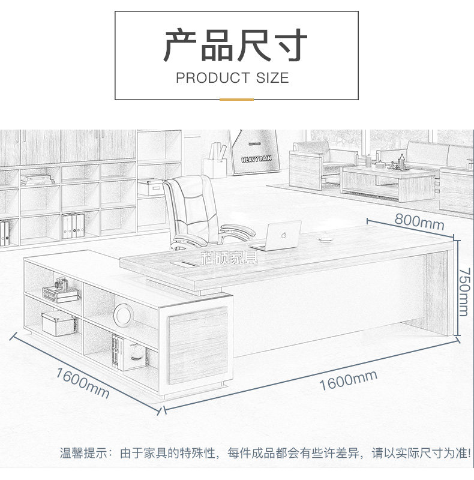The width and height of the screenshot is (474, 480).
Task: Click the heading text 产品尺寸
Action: [x=236, y=46]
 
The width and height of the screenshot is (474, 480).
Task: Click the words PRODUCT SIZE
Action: [x=232, y=78]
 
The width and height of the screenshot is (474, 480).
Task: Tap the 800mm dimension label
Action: [x=419, y=221]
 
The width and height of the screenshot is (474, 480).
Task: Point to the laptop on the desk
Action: [x=278, y=236]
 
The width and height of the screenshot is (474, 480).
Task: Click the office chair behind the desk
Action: [x=193, y=210]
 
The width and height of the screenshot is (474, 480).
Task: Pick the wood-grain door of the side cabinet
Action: [x=199, y=344]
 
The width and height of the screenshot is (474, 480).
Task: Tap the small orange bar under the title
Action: [x=236, y=99]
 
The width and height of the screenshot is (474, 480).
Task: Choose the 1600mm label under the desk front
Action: [x=347, y=380]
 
